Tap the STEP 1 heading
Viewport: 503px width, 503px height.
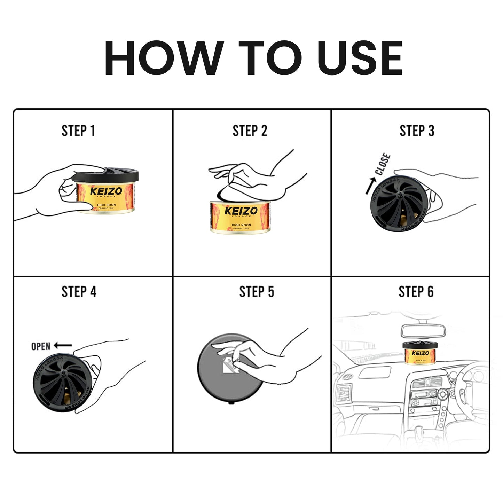point(78,131)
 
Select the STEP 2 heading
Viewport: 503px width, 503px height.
point(250,131)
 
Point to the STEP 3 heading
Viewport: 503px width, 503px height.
point(417,131)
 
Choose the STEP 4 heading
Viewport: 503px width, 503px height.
point(79,292)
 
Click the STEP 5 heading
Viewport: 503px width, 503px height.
point(257,292)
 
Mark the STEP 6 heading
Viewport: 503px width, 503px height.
point(416,292)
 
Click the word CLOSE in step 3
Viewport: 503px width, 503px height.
point(383,164)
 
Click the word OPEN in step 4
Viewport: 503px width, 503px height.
point(41,346)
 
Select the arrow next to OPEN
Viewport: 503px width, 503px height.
point(63,345)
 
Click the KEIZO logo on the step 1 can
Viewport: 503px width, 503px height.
point(106,191)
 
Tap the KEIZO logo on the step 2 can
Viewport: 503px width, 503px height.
point(241,211)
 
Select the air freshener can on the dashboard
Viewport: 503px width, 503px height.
point(420,353)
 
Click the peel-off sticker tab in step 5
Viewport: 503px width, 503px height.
point(230,364)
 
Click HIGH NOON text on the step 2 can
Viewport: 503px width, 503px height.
point(241,225)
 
